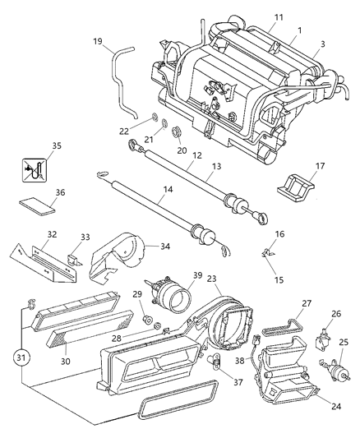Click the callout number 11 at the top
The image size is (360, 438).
pyautogui.click(x=256, y=16)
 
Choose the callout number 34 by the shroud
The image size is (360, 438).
pyautogui.click(x=164, y=247)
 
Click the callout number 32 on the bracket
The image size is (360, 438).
pyautogui.click(x=51, y=233)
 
